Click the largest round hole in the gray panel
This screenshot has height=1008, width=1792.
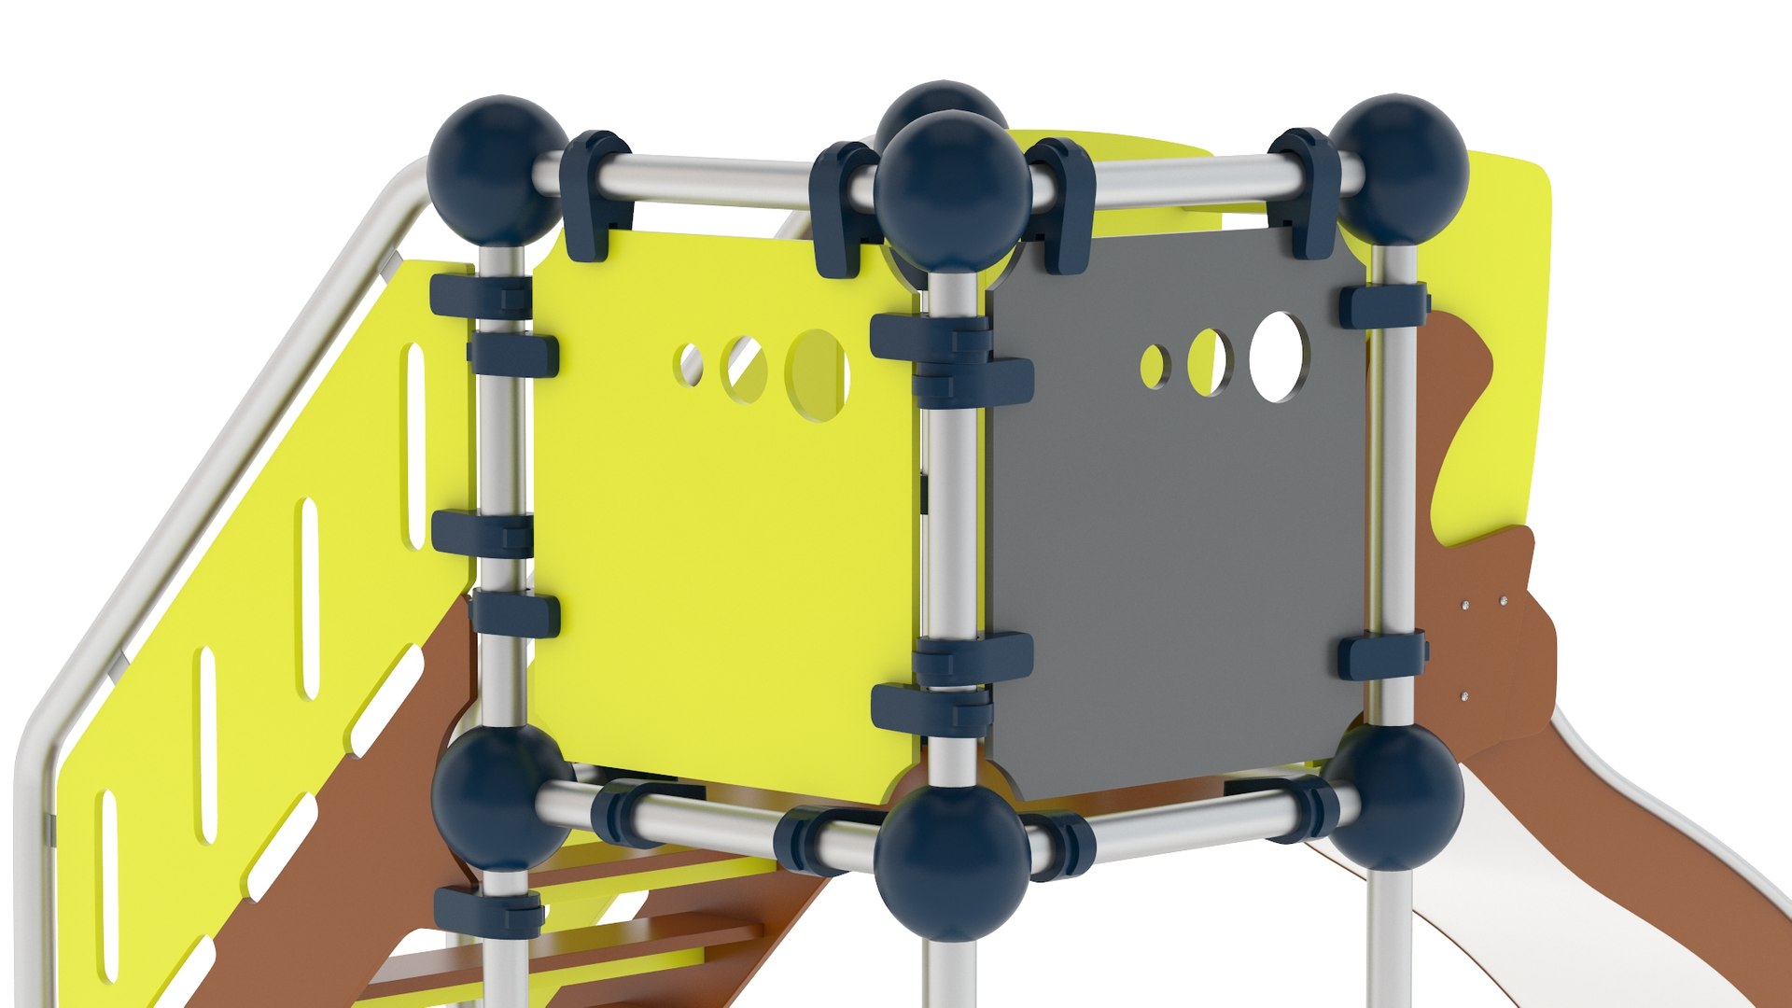pos(1278,357)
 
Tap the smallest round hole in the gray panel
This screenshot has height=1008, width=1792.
pos(1154,366)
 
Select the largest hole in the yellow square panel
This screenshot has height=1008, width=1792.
pos(818,374)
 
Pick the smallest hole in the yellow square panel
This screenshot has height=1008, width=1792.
pos(692,364)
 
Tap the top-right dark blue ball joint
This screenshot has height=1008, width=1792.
pos(1397,168)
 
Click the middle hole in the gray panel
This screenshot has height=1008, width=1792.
pos(1210,362)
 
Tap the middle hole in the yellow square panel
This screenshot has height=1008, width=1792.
pos(746,370)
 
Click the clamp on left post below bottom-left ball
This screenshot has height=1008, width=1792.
pos(489,910)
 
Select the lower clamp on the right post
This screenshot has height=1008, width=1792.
pos(1382,655)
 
